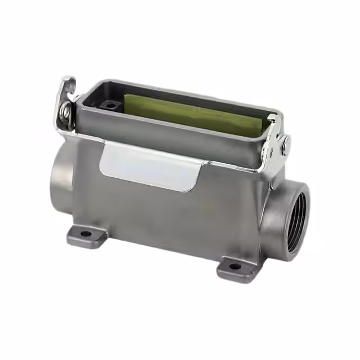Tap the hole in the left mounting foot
tap(85, 233)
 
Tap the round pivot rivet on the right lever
tap(285, 146)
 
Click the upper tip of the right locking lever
tap(274, 119)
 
